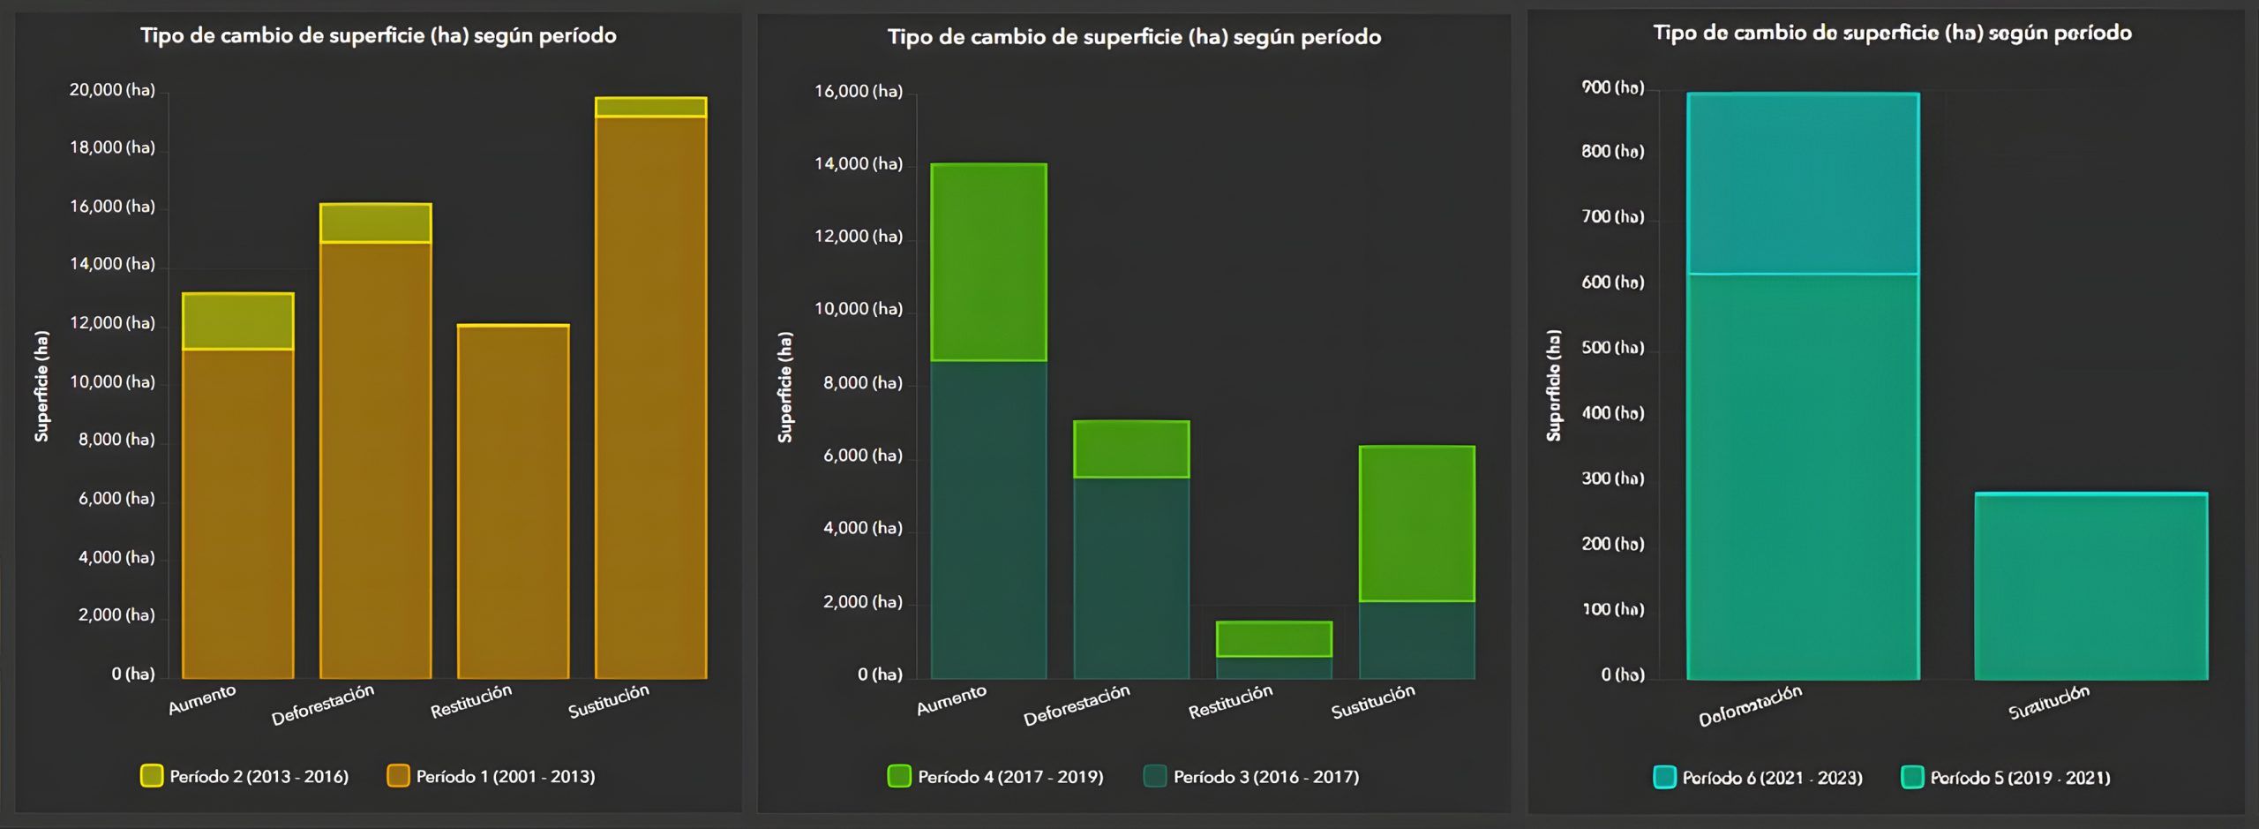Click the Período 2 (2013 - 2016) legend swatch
coord(152,776)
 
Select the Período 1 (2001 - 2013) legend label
coord(505,777)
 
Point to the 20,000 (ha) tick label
coord(112,90)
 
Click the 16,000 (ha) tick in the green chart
coord(858,92)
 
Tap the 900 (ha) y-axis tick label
coord(1612,87)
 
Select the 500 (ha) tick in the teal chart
coord(1612,348)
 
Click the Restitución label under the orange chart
coord(470,701)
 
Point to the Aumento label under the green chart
coord(951,700)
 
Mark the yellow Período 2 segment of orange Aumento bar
coord(237,321)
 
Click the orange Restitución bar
coord(513,503)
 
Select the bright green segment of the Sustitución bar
coord(1416,524)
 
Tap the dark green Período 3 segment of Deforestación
coord(1131,577)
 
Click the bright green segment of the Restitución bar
coord(1273,639)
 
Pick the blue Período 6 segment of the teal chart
coord(1803,184)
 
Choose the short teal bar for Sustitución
coord(2090,586)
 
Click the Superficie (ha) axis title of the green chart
coord(785,387)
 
